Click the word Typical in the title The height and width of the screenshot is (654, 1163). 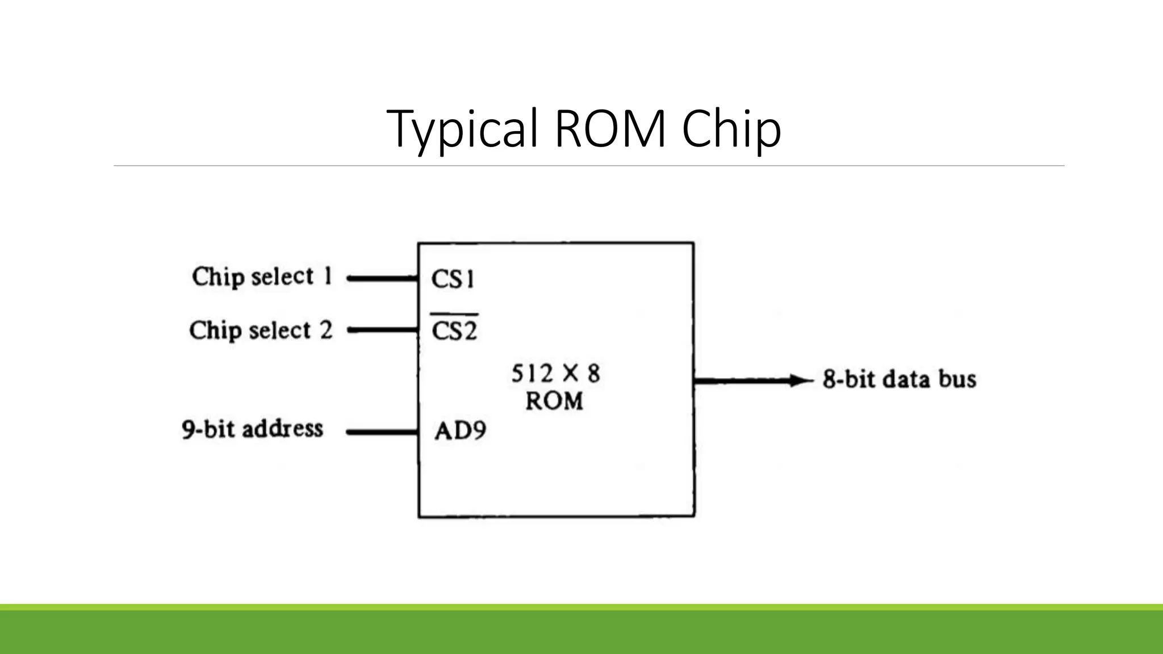pyautogui.click(x=462, y=129)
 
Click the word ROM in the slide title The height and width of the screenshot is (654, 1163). pyautogui.click(x=610, y=129)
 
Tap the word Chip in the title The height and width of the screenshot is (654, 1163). pyautogui.click(x=731, y=129)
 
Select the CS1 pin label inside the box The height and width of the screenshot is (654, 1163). pyautogui.click(x=453, y=279)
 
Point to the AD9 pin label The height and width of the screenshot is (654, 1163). pyautogui.click(x=460, y=431)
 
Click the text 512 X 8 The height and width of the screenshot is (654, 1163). pyautogui.click(x=555, y=374)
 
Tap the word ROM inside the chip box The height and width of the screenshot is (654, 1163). pyautogui.click(x=554, y=401)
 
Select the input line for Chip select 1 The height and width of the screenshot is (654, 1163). pyautogui.click(x=382, y=279)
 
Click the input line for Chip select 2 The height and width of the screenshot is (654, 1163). pyautogui.click(x=382, y=330)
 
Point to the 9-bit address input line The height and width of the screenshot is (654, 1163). pyautogui.click(x=382, y=432)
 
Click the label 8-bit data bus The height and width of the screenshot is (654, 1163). pyautogui.click(x=899, y=379)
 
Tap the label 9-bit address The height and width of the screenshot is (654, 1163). pyautogui.click(x=252, y=429)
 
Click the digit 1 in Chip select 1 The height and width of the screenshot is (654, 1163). pyautogui.click(x=328, y=276)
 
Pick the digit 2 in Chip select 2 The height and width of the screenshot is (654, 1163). pyautogui.click(x=326, y=330)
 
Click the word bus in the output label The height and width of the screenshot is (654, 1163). pyautogui.click(x=957, y=379)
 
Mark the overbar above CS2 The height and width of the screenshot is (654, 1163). pyautogui.click(x=454, y=314)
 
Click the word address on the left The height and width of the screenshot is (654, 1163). pyautogui.click(x=283, y=429)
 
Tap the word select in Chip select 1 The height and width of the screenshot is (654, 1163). pyautogui.click(x=282, y=277)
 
